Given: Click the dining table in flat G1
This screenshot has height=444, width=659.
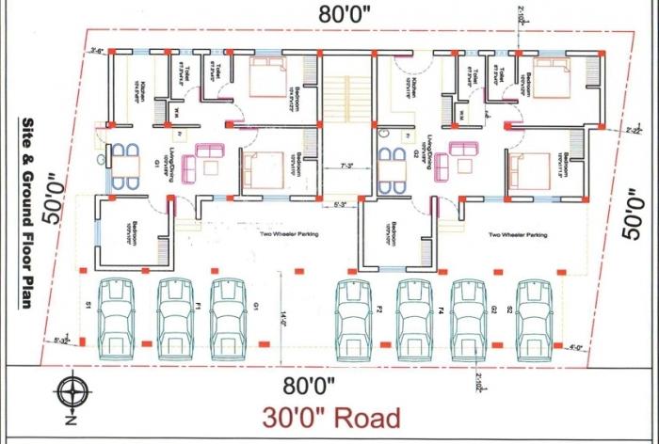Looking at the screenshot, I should [x=122, y=167].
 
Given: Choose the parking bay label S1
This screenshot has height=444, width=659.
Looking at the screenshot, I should [x=88, y=306].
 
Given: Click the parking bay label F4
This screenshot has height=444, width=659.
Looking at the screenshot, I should [x=441, y=308].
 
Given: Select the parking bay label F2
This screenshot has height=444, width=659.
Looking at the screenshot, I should [x=378, y=308].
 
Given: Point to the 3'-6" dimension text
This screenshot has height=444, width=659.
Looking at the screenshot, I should [x=96, y=50].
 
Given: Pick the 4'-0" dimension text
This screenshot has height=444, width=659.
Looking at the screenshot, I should [x=576, y=348].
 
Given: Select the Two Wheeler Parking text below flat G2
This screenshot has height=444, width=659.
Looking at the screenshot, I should [x=518, y=235].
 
